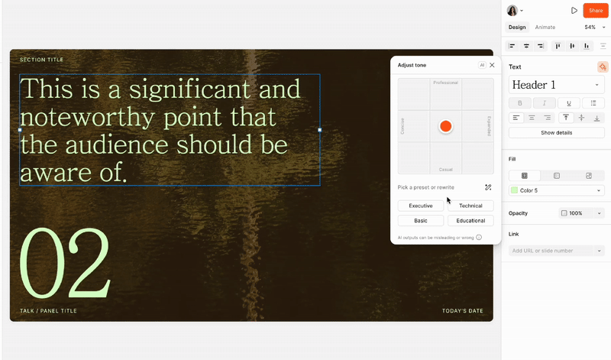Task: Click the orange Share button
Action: pos(596,11)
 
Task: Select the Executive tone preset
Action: pos(421,206)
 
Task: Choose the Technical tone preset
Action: pos(470,206)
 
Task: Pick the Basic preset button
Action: pos(421,221)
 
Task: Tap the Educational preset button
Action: pos(470,221)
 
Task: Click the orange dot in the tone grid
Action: pos(445,126)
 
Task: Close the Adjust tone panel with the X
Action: pos(493,65)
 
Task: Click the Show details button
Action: pos(556,133)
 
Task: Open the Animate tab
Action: pos(545,28)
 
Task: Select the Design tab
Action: pos(518,28)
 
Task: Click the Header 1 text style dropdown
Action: pos(556,85)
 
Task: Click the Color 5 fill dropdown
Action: pos(556,190)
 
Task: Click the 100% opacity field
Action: pos(581,213)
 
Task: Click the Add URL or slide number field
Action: pos(551,251)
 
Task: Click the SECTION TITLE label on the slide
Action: pos(42,60)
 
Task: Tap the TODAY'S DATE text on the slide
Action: pos(463,311)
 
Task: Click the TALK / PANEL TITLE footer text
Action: pos(48,311)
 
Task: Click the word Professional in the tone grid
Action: pos(445,83)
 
